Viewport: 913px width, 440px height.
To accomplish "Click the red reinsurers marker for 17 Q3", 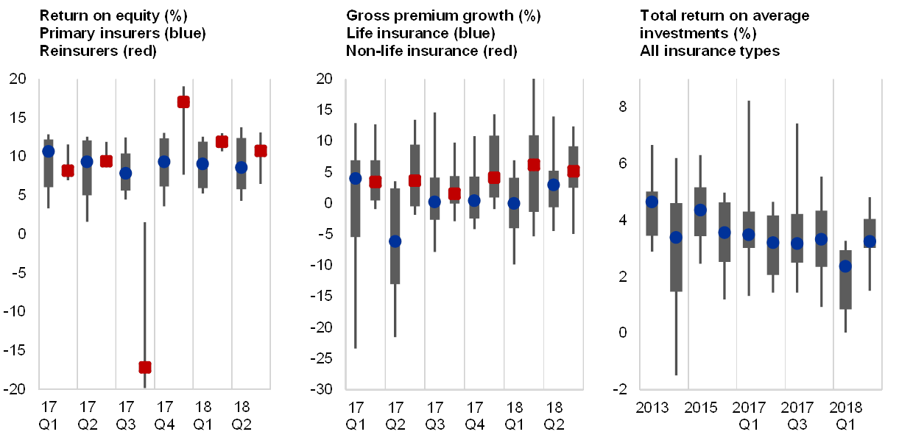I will coord(145,366).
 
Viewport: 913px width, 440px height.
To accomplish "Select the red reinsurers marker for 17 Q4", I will coord(183,102).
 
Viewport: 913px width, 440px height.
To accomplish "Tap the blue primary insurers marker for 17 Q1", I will coord(49,151).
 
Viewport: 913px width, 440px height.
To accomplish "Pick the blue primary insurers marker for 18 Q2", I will coord(241,167).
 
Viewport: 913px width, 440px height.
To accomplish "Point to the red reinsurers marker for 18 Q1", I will coord(222,142).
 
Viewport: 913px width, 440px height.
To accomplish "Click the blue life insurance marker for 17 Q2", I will coord(395,241).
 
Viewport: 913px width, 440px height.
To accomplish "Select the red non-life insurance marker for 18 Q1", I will coord(534,165).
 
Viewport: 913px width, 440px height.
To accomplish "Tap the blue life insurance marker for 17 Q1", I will coord(356,178).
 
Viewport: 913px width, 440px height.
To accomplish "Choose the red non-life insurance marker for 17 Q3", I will coord(454,194).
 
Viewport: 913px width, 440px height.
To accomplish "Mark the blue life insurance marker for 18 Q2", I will coord(554,185).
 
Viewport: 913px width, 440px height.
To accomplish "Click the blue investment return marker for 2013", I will coord(652,202).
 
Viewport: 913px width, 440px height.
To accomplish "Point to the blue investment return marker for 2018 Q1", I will coord(845,266).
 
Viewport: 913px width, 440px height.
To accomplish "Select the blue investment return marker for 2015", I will coord(700,210).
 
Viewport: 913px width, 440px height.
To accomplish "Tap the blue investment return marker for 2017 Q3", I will coord(797,244).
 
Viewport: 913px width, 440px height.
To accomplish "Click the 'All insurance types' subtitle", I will coord(710,52).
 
